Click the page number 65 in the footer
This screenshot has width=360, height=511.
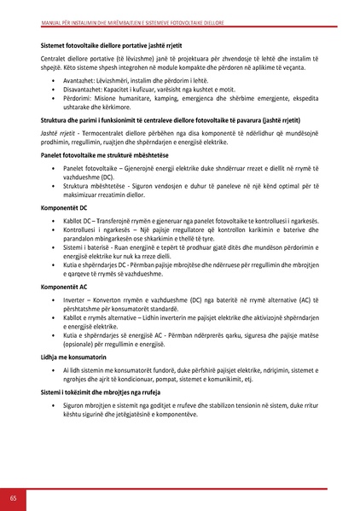point(14,498)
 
